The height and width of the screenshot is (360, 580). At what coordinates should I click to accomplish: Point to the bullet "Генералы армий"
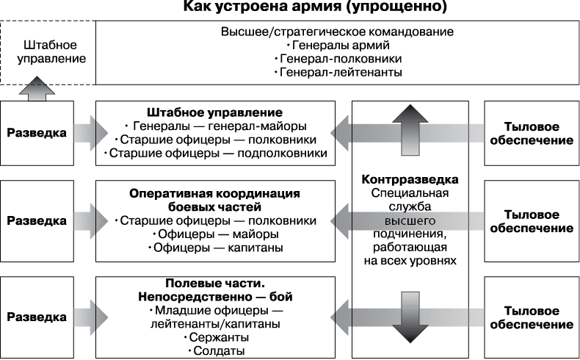point(336,46)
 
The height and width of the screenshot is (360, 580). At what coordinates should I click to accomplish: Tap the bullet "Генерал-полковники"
point(336,59)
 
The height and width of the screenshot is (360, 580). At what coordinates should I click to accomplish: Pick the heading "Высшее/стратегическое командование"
point(336,32)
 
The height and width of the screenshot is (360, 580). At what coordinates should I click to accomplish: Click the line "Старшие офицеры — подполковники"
point(216,153)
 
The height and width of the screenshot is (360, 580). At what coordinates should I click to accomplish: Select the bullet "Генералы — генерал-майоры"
point(216,126)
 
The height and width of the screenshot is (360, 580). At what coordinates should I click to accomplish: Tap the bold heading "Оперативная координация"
point(214,193)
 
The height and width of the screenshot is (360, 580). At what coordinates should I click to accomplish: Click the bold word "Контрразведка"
point(410,179)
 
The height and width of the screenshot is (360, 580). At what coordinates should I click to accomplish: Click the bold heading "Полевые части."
point(214,283)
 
